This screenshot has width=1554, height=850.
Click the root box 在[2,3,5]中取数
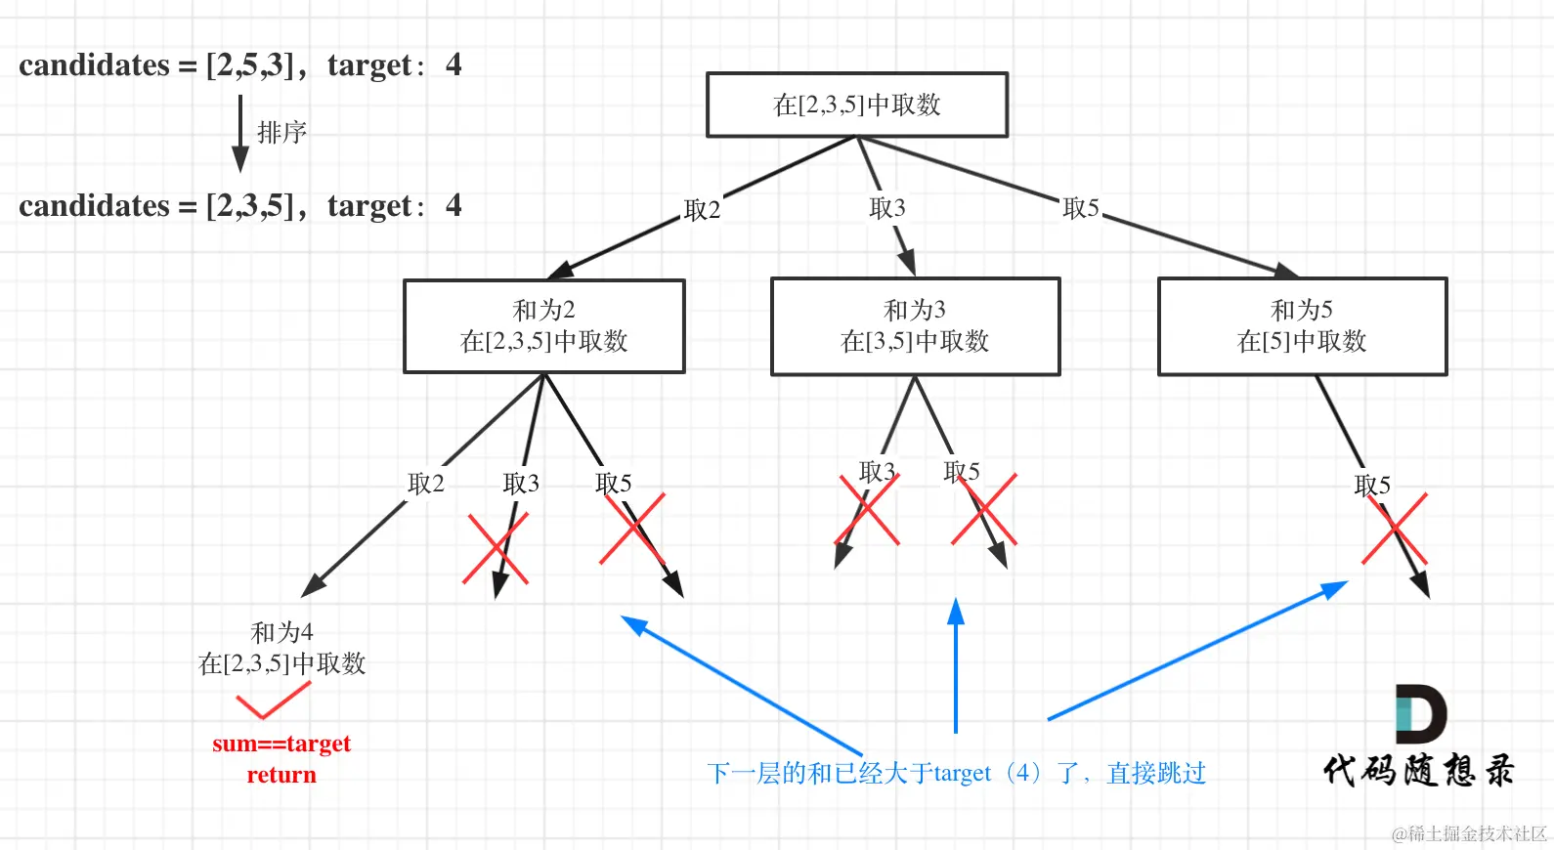tap(856, 105)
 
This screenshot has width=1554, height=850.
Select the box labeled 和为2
tap(543, 325)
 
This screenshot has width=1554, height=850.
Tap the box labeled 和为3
tap(915, 326)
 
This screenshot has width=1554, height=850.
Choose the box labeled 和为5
tap(1301, 326)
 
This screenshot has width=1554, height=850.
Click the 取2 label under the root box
tap(702, 209)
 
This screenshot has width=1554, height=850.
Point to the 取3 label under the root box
tap(887, 207)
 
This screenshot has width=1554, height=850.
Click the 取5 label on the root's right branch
tap(1081, 207)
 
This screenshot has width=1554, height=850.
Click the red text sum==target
tap(281, 744)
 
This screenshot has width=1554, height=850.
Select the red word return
tap(281, 775)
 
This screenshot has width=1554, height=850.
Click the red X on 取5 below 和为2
tap(632, 529)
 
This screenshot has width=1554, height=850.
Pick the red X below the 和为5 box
tap(1395, 529)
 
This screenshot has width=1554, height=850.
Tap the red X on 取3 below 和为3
tap(868, 509)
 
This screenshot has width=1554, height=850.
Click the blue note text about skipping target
tap(956, 773)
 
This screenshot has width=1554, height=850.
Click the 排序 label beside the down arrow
tap(281, 132)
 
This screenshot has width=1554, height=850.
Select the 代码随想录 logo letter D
tap(1419, 714)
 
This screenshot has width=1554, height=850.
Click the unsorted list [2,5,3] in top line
tap(250, 64)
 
